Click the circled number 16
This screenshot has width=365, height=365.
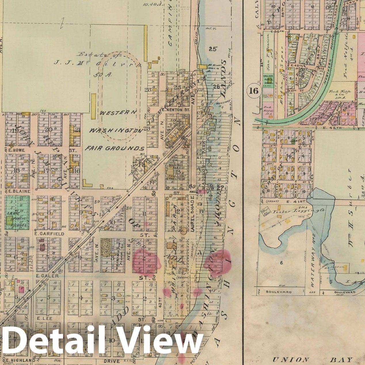tap(254, 91)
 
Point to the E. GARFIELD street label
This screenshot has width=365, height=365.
tap(49, 234)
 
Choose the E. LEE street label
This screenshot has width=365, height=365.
tap(44, 318)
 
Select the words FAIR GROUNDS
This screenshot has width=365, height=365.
tap(114, 149)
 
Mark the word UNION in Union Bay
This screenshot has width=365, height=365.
tap(287, 360)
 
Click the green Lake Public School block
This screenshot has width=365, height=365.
tap(17, 213)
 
